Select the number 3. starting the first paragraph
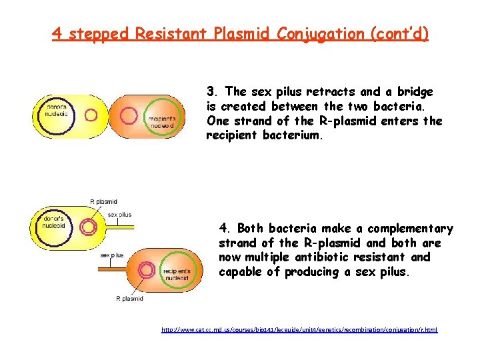tap(212, 92)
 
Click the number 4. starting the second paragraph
tap(225, 229)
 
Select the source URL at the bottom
tap(299, 330)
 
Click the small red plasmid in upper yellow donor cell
tap(91, 115)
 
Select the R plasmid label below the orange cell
tap(129, 299)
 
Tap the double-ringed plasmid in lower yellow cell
tap(87, 227)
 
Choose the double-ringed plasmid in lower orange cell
tap(145, 270)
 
